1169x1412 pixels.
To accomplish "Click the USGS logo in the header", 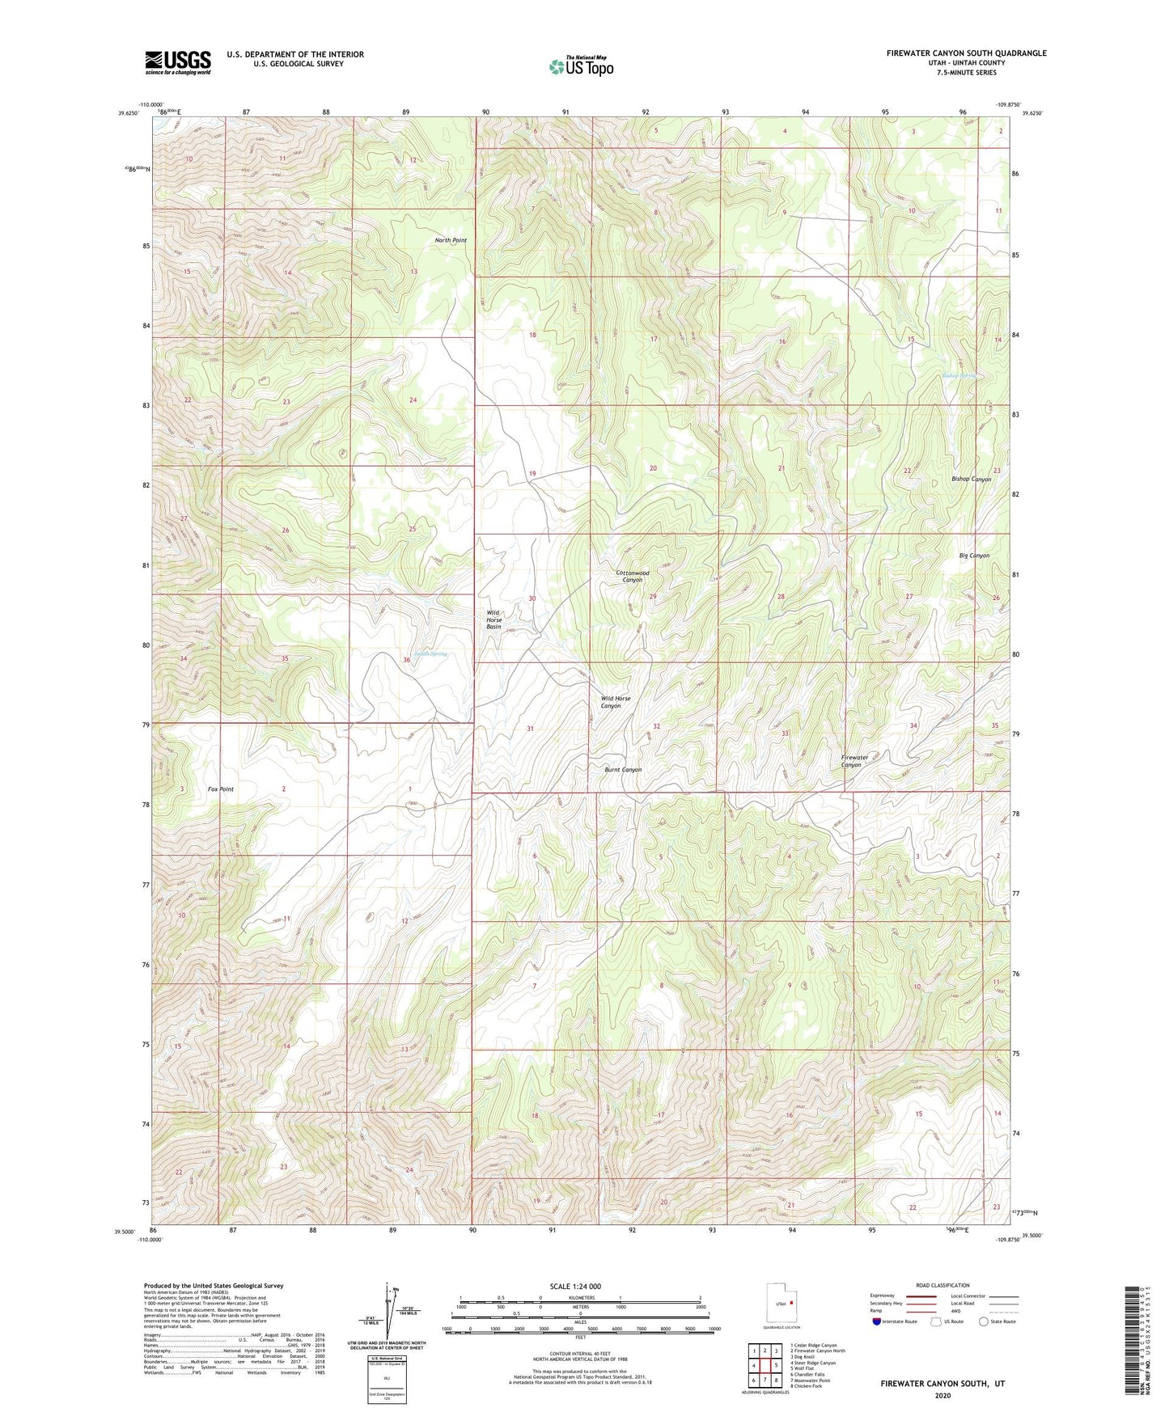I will coord(177,62).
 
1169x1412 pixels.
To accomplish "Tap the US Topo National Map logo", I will coord(581,66).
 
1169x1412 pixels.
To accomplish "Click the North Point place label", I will coord(451,240).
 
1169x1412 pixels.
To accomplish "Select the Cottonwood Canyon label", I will coord(633,577).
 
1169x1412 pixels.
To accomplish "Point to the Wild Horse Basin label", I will coord(493,620).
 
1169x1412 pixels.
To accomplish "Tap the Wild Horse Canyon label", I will coord(615,702).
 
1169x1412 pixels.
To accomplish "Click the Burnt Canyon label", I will coord(623,770).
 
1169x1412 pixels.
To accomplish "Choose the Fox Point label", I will coord(221,789).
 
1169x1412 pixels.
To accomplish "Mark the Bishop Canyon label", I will coord(971,480).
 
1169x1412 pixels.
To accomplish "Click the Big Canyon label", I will coord(974,556).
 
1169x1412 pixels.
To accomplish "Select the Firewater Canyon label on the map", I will coord(854,761).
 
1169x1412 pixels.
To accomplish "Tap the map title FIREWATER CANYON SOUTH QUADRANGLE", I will coord(966,53).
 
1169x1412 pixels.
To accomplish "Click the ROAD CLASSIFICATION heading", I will coord(943,1285).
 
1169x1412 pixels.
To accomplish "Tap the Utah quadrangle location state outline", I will coord(780,1304).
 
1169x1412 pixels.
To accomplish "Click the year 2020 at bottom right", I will coord(942,1395).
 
